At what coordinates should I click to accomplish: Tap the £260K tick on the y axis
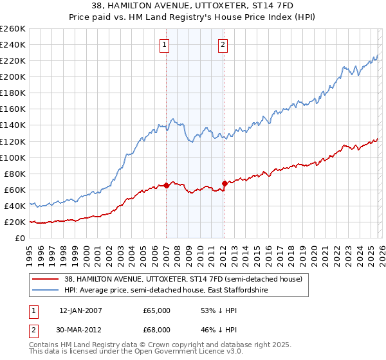click(x=12, y=29)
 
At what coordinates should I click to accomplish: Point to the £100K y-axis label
click(x=12, y=157)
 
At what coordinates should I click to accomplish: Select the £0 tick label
click(x=20, y=238)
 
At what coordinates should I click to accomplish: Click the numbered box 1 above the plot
click(x=165, y=45)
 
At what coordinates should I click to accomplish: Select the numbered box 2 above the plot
click(x=223, y=45)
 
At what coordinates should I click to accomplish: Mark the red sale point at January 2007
click(x=166, y=185)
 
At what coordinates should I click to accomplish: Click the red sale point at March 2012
click(x=225, y=183)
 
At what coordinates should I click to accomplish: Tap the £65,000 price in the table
click(x=155, y=310)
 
